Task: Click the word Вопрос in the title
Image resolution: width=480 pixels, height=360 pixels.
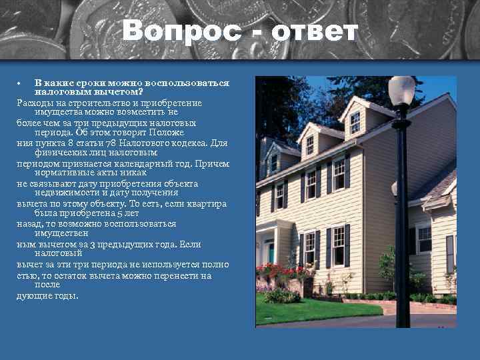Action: pos(177,31)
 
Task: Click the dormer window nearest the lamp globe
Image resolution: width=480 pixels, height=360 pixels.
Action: pos(355,122)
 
